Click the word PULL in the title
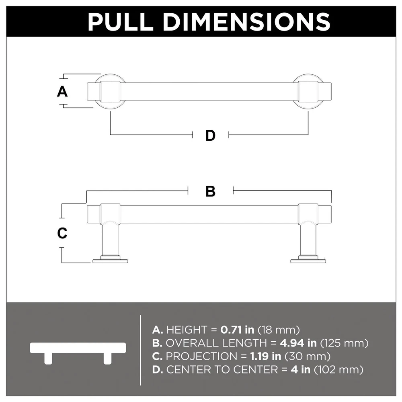click(120, 22)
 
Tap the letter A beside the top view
click(62, 92)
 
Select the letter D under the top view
click(211, 135)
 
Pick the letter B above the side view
click(211, 191)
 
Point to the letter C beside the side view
click(62, 233)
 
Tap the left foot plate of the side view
click(110, 261)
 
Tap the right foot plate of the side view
click(308, 261)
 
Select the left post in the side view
click(110, 240)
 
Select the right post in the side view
click(308, 240)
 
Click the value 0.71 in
click(237, 330)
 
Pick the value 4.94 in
click(298, 343)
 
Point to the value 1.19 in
click(266, 356)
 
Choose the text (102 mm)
click(338, 370)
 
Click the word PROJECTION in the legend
click(201, 356)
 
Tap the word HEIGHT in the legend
click(187, 330)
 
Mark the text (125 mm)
click(345, 343)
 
